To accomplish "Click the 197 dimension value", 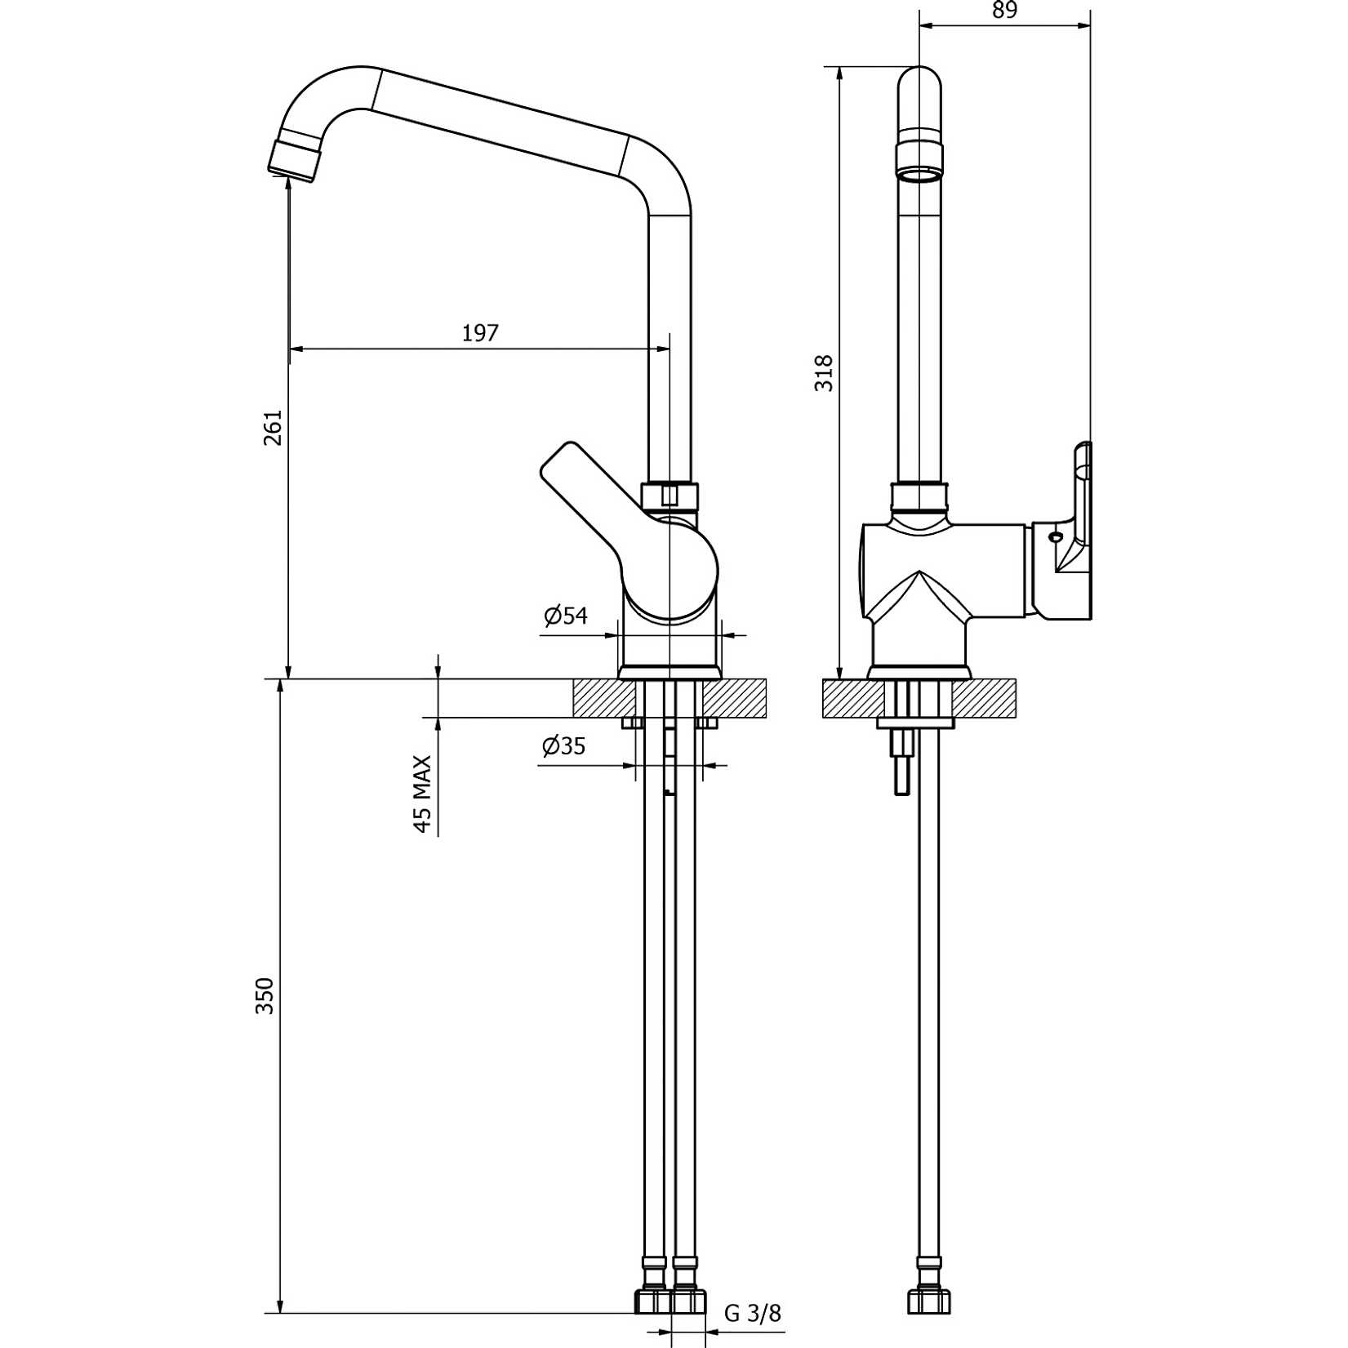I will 480,333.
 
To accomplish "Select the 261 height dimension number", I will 273,427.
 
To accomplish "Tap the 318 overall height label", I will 825,373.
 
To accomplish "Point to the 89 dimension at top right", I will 1005,11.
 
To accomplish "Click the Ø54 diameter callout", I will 566,616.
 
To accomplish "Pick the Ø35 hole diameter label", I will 563,745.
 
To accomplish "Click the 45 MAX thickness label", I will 422,794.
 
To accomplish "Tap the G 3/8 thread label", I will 752,1313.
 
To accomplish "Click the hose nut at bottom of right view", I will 929,1300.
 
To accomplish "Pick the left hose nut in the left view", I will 654,1300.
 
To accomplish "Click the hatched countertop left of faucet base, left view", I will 605,698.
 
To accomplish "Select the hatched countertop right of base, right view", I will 984,699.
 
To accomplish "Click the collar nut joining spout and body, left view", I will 670,496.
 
